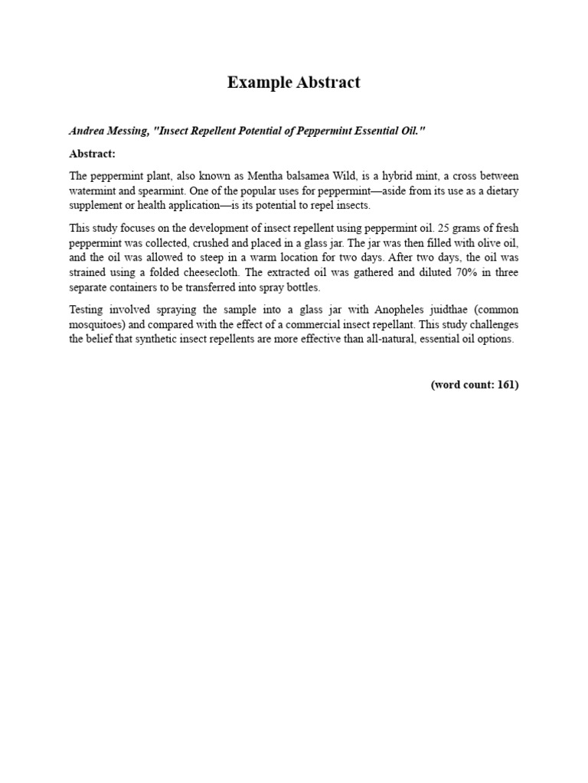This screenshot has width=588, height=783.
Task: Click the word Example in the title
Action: click(x=258, y=83)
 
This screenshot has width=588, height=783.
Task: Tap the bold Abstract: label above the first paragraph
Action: click(x=93, y=154)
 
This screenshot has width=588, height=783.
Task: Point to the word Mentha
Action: click(x=265, y=176)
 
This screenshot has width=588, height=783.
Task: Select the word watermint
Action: click(x=93, y=190)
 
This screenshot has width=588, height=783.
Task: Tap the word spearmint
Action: click(x=152, y=190)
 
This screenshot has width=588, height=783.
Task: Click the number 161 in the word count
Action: click(x=505, y=385)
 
